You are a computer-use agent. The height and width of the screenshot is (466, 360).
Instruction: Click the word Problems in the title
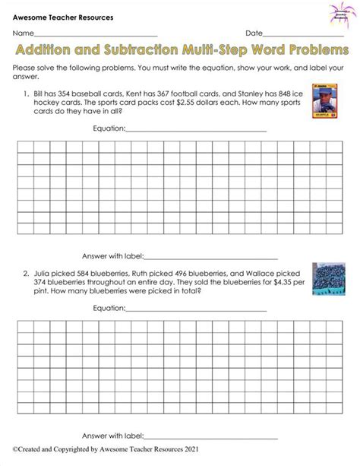click(x=308, y=50)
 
